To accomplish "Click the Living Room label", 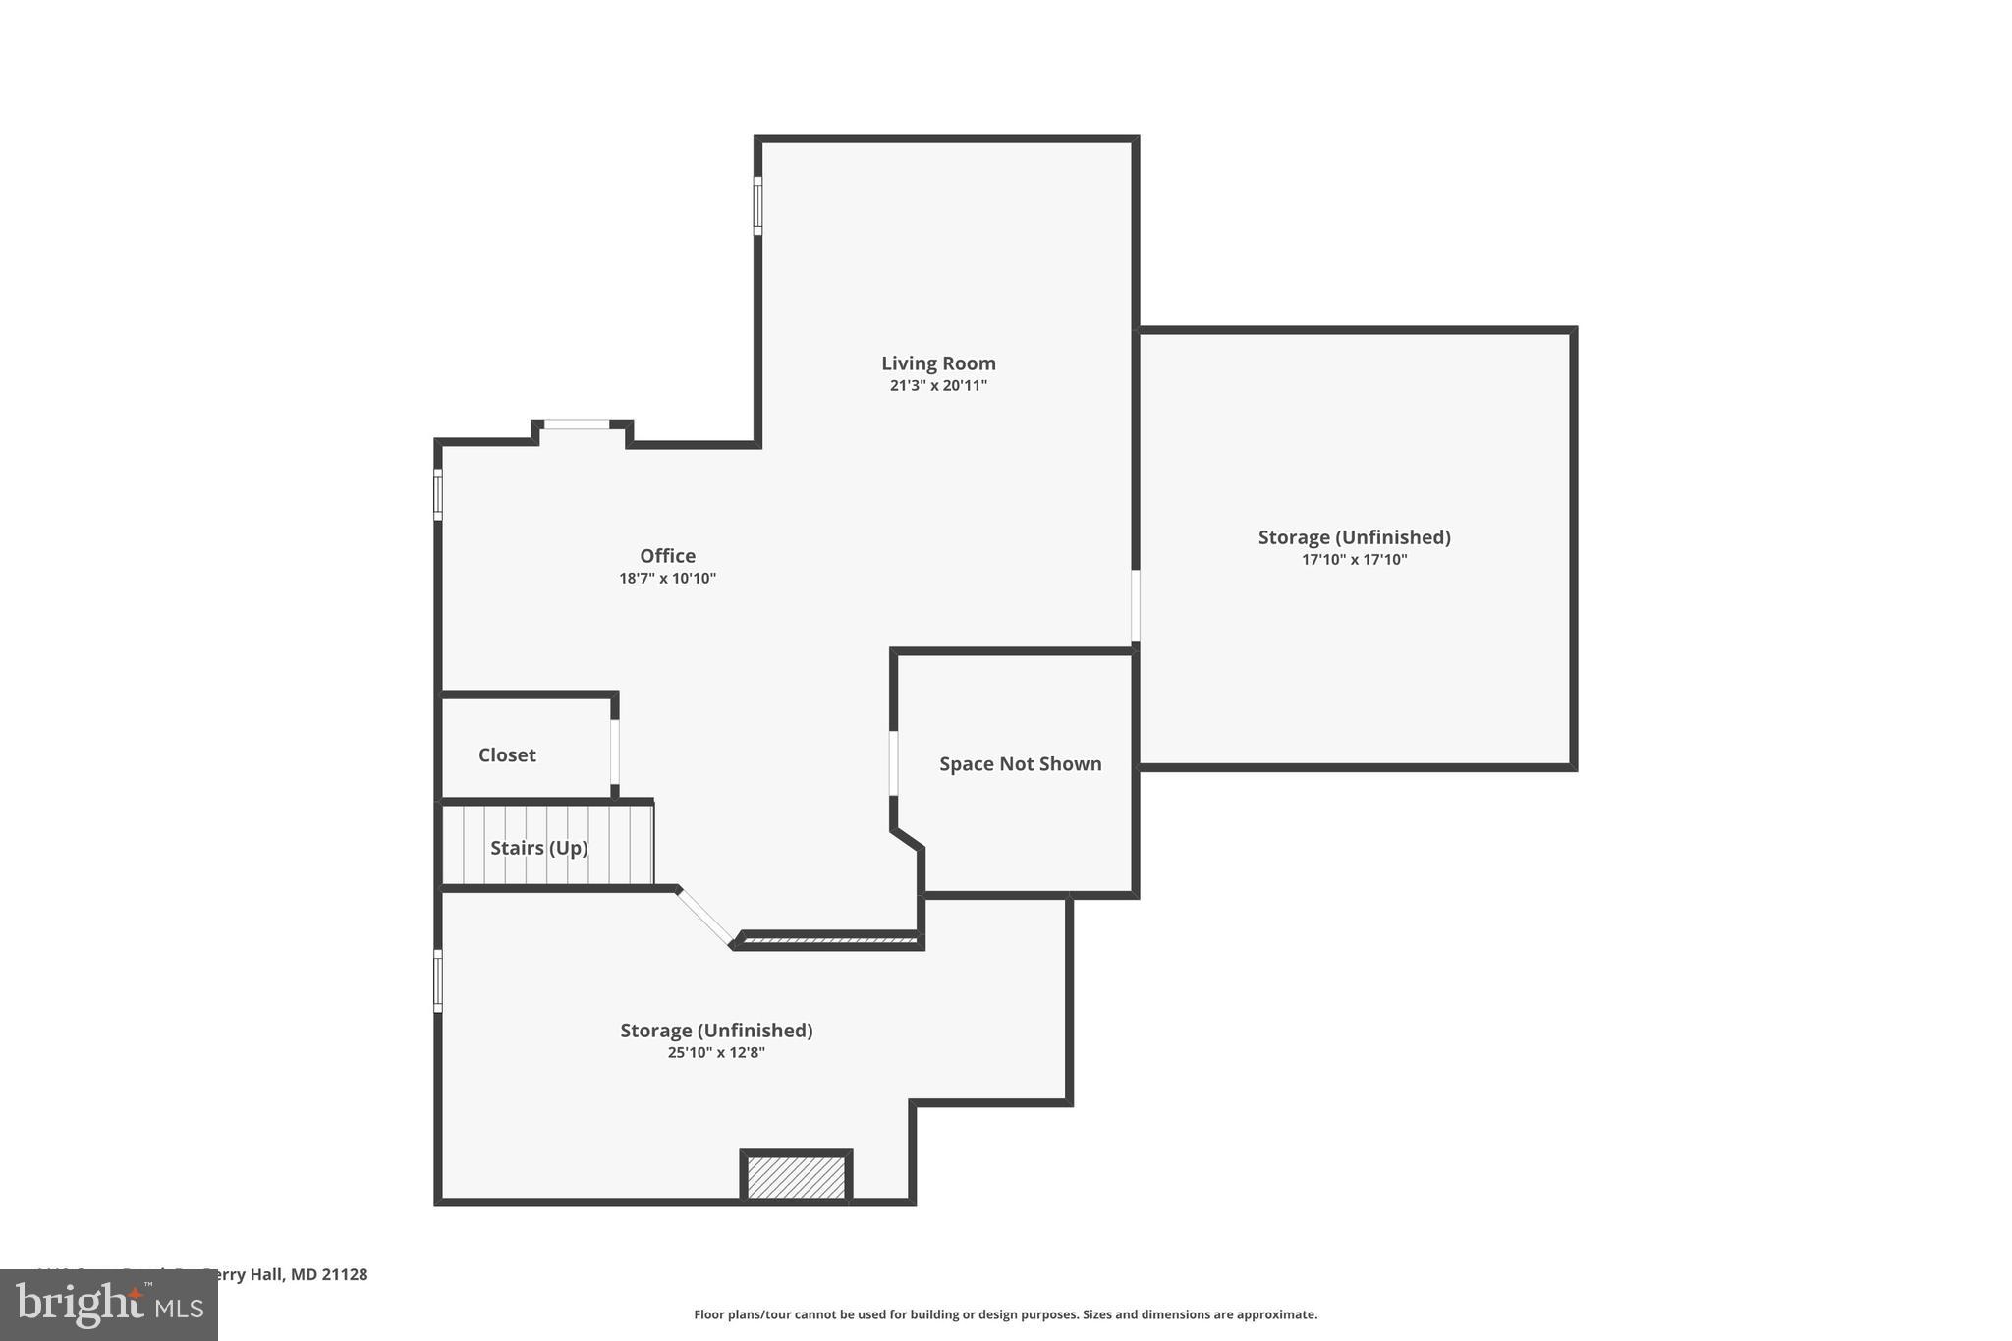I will click(x=938, y=363).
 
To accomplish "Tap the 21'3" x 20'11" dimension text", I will click(x=938, y=386).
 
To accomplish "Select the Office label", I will click(x=667, y=556).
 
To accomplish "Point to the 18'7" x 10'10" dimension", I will click(x=667, y=579).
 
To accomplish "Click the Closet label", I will click(x=507, y=755).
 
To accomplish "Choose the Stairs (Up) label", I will click(x=538, y=848).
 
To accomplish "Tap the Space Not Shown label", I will click(x=1020, y=764).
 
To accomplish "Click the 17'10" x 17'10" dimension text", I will click(x=1354, y=560).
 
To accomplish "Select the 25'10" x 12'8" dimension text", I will click(x=716, y=1053).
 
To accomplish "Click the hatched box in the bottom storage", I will click(x=796, y=1177).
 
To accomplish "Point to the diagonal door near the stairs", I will click(x=704, y=917).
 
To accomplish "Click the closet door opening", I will click(x=615, y=752).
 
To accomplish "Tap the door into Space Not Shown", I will click(x=893, y=762).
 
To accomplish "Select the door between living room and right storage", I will click(x=1135, y=605).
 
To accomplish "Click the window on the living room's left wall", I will click(x=757, y=205).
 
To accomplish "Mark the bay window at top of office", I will click(x=577, y=424).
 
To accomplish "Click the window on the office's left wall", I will click(x=438, y=494).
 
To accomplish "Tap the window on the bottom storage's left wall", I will click(x=438, y=980).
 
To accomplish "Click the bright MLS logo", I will click(x=108, y=1305).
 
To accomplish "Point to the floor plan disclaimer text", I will click(x=1005, y=1314).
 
